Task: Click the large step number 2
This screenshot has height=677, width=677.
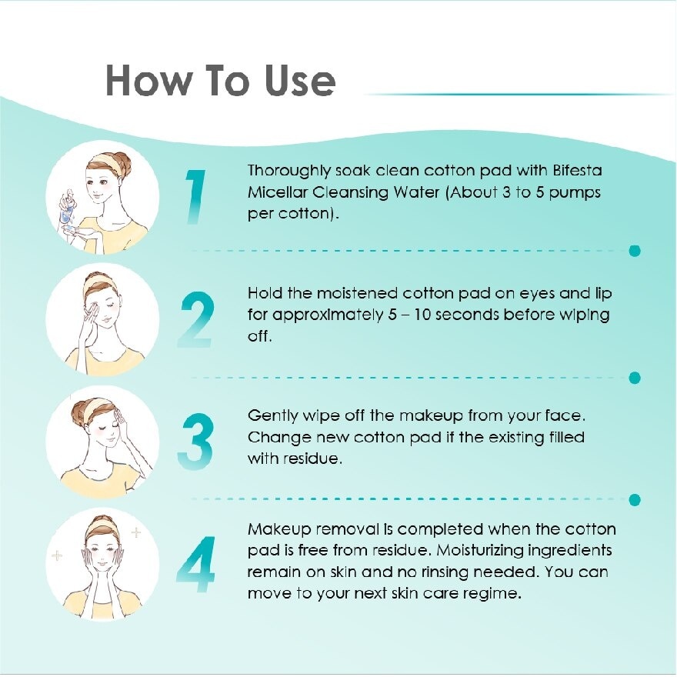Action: pos(195,318)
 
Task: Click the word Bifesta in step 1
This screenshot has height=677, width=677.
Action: pos(574,171)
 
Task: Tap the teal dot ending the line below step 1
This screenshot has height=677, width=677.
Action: pos(635,251)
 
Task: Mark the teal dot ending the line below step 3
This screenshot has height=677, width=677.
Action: pos(635,500)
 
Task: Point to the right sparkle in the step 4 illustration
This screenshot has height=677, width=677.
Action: pos(136,532)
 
